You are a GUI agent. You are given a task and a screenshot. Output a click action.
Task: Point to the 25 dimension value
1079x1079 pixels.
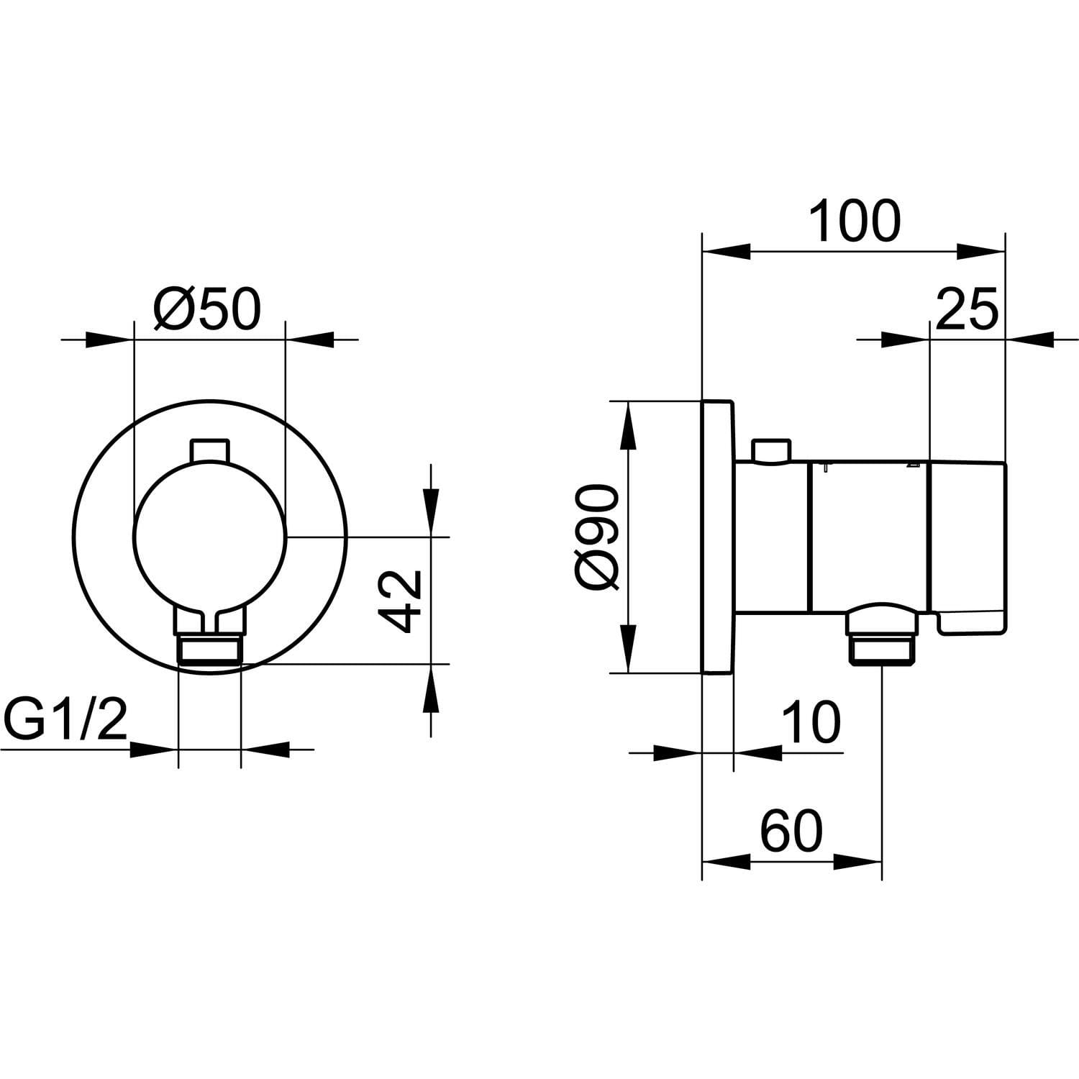[x=967, y=309]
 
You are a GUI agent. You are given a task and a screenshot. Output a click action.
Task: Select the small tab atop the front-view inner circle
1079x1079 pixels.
[x=210, y=452]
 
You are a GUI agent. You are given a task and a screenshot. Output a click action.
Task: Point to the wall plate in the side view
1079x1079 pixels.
[x=717, y=537]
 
